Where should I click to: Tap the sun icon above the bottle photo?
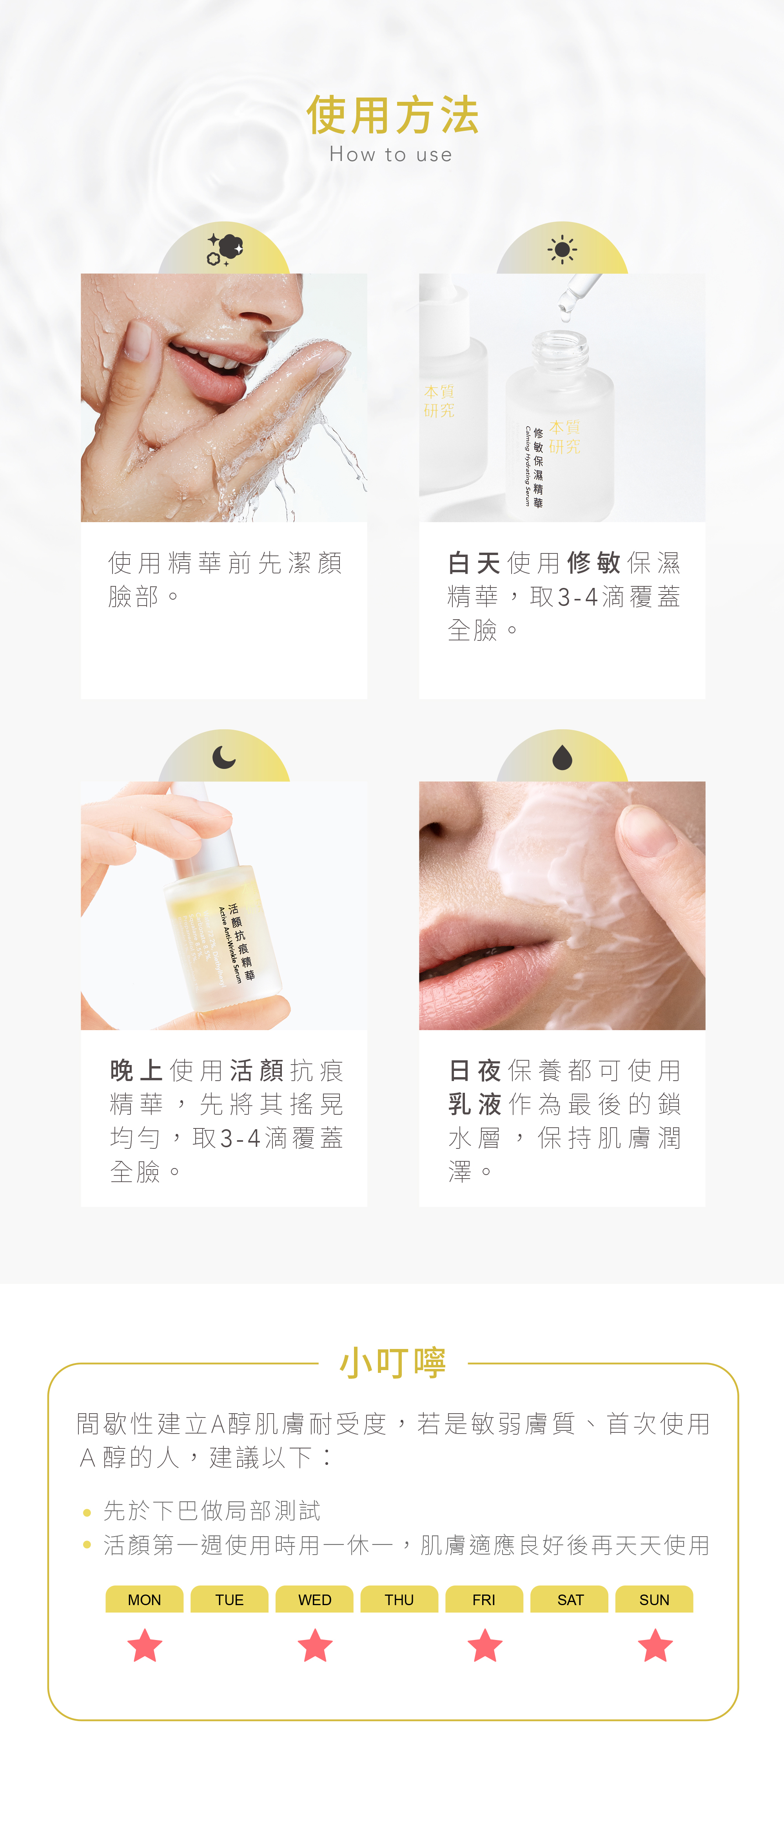point(562,250)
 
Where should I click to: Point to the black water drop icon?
point(562,758)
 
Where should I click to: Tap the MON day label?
point(144,1600)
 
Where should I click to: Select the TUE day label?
point(229,1600)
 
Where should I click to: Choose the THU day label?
point(399,1600)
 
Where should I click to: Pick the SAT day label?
point(569,1600)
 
